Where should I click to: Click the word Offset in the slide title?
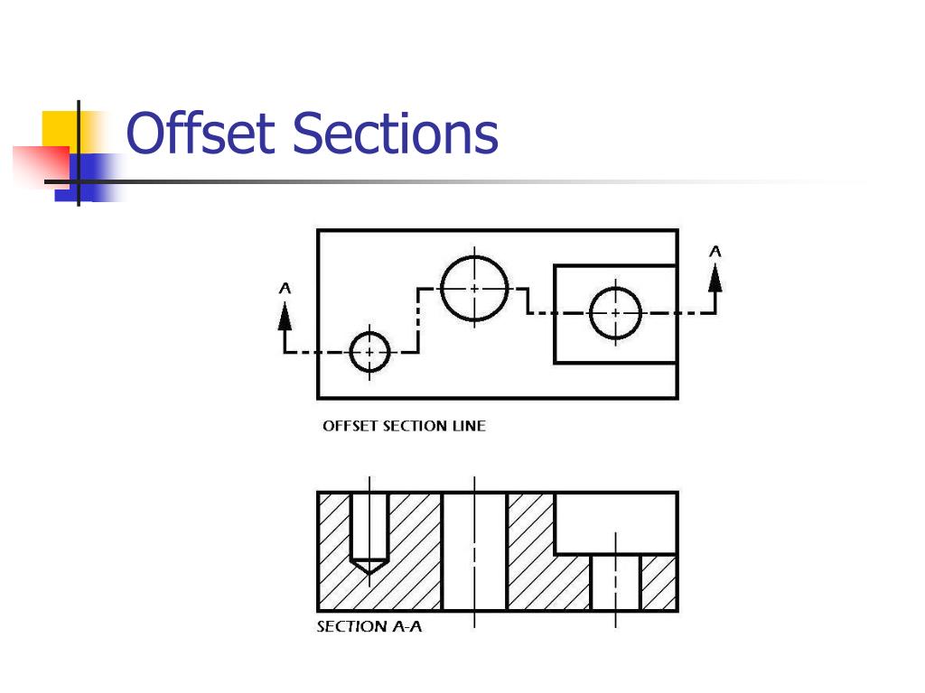201,134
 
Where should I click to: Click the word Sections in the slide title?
396,134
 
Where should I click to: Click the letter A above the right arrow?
715,252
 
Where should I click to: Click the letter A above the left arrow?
285,289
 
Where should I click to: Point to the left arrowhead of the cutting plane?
285,315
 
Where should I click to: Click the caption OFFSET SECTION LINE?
404,426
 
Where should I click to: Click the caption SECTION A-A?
369,626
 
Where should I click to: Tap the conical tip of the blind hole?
369,567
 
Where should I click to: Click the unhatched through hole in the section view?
474,550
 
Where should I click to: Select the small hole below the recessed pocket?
616,582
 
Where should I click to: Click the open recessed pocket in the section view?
615,522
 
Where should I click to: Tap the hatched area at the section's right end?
659,582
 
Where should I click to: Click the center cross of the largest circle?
475,289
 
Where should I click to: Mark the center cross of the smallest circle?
369,351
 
